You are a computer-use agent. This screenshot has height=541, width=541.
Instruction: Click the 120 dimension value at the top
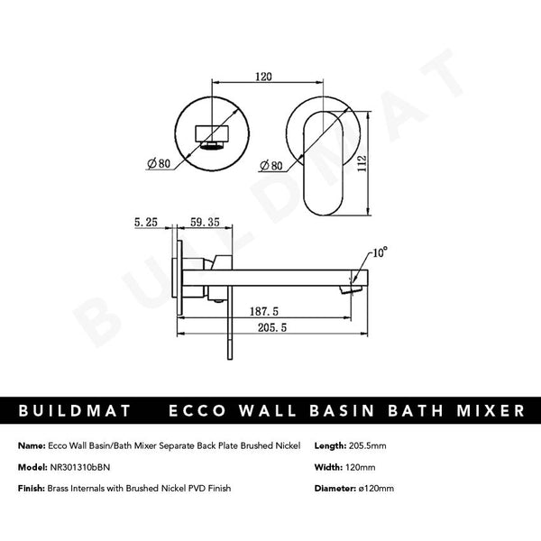pyautogui.click(x=263, y=78)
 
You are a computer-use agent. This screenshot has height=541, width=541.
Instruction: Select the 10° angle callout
pyautogui.click(x=378, y=255)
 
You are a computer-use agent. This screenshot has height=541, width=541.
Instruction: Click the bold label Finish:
pyautogui.click(x=32, y=488)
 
